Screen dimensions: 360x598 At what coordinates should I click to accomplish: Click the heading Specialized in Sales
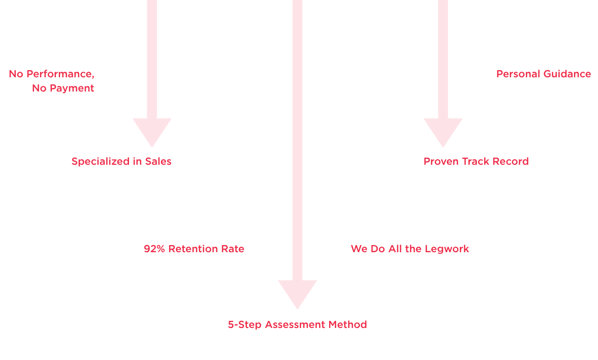pyautogui.click(x=121, y=162)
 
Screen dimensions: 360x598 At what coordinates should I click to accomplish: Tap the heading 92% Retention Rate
pyautogui.click(x=194, y=249)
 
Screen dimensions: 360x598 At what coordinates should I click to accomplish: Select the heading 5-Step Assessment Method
pyautogui.click(x=297, y=325)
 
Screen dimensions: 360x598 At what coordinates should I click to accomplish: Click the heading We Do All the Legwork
pyautogui.click(x=410, y=249)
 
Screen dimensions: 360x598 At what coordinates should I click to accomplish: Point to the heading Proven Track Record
pyautogui.click(x=476, y=162)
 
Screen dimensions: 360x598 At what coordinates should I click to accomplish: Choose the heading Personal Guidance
pyautogui.click(x=544, y=74)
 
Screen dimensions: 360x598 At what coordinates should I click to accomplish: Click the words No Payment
pyautogui.click(x=63, y=88)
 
